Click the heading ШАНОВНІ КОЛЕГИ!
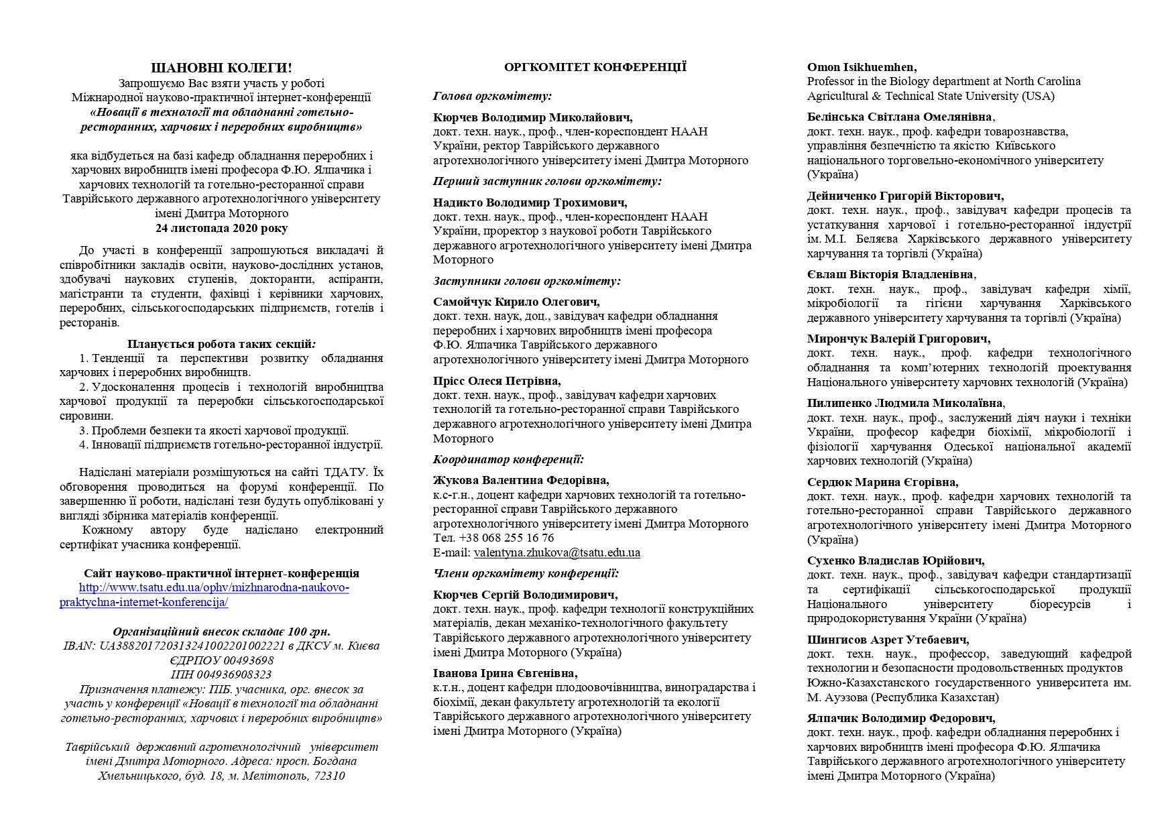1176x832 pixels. (221, 68)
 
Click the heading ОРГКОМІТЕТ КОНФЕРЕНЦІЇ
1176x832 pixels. (595, 67)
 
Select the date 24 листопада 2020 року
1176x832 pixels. (221, 228)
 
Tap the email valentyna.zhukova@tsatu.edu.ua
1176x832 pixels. (556, 553)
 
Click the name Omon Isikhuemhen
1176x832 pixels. (862, 67)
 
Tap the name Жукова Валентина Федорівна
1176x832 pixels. (521, 481)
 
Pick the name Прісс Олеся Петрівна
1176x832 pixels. (497, 381)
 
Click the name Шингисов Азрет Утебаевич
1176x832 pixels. (888, 640)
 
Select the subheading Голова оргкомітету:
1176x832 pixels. (492, 96)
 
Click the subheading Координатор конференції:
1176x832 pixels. (508, 459)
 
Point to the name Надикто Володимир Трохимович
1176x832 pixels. (530, 202)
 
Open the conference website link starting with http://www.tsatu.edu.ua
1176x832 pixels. (214, 588)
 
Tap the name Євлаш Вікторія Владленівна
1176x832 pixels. (890, 275)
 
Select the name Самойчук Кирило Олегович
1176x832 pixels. (516, 302)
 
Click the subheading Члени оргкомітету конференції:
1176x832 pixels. (526, 573)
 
